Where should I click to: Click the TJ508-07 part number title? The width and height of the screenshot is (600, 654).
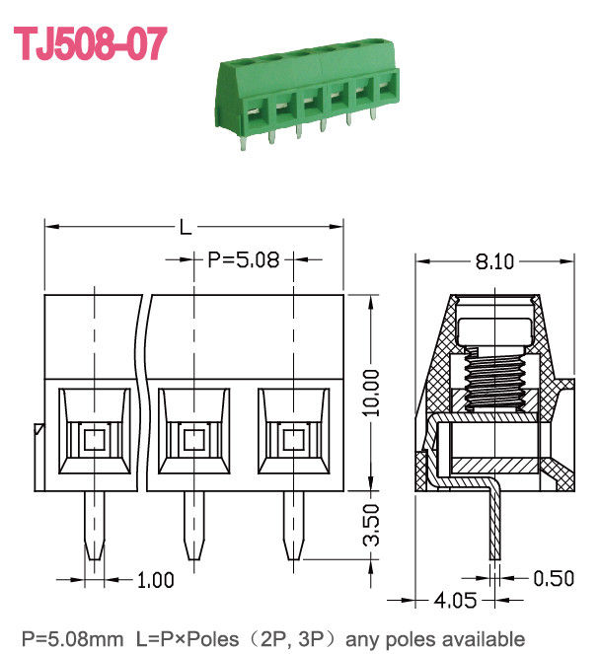click(89, 44)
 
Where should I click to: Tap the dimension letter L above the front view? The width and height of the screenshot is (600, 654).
click(185, 229)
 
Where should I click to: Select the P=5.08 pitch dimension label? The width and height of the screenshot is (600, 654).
click(244, 260)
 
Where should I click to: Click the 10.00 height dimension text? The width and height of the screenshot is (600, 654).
click(370, 393)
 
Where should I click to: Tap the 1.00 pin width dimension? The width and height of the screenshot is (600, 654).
click(155, 581)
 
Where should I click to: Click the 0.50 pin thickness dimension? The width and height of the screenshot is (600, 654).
click(554, 578)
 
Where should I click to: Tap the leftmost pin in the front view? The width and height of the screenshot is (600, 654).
click(95, 528)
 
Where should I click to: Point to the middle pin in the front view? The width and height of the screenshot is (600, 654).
click(193, 528)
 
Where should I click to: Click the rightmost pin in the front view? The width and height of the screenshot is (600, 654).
click(292, 528)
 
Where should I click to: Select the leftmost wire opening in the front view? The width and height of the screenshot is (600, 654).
click(95, 437)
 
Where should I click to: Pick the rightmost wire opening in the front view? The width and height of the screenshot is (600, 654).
click(292, 437)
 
